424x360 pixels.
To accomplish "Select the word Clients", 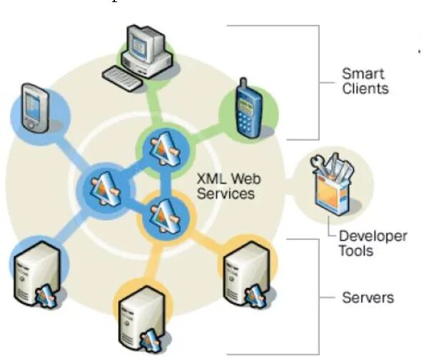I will pos(365,89).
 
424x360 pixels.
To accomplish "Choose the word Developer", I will pos(373,236).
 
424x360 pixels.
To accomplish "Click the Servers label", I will pos(368,296).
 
